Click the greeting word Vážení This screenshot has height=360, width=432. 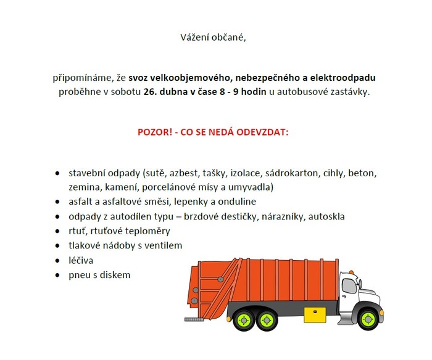(x=194, y=37)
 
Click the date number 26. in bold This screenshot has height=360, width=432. (x=151, y=91)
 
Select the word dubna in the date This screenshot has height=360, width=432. (x=175, y=91)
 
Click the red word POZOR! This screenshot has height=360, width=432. (x=154, y=132)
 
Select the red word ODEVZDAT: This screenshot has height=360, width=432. (x=265, y=132)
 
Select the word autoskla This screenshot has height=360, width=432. (x=327, y=216)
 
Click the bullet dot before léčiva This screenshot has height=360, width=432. (x=57, y=261)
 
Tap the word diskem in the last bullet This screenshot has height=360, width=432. (x=115, y=275)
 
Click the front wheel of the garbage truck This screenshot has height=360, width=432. (x=368, y=319)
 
